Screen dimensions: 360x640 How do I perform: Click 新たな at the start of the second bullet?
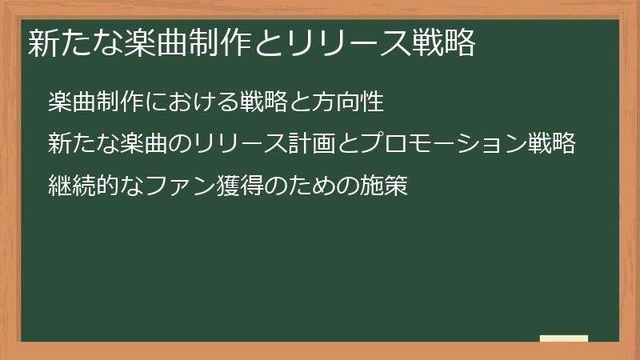pos(83,145)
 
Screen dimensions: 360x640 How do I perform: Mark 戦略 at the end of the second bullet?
pos(552,145)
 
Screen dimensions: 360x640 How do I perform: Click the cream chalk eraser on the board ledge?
pos(564,338)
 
